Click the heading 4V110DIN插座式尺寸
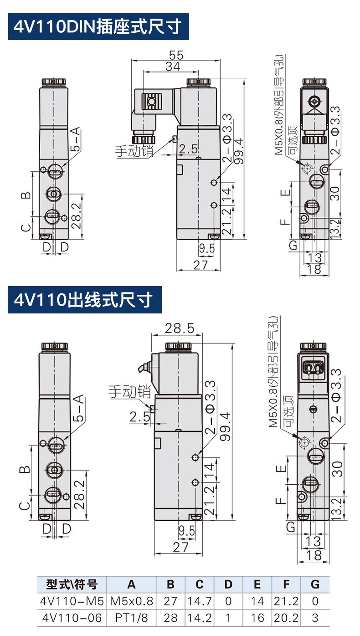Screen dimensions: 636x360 coord(98,27)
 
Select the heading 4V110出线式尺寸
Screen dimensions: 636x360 coord(84,300)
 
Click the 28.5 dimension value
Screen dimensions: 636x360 coord(180,328)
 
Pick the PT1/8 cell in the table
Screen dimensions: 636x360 coord(131,617)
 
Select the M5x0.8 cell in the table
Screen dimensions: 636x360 coord(131,601)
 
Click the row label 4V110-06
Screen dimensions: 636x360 coord(72,617)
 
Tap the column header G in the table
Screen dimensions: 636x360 coord(314,585)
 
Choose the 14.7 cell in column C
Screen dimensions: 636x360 coord(200,601)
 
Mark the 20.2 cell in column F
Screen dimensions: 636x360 coord(286,617)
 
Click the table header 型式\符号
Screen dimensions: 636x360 coord(72,585)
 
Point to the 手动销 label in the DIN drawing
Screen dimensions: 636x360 coord(134,151)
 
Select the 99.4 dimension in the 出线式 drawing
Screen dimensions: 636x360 coord(225,427)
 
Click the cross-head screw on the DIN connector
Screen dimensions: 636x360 coord(314,101)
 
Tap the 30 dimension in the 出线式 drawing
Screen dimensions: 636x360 coord(337,468)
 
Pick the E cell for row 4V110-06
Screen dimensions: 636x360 coord(257,617)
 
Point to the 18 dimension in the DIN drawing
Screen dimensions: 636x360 coord(315,269)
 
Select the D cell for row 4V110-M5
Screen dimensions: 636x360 coord(228,601)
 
